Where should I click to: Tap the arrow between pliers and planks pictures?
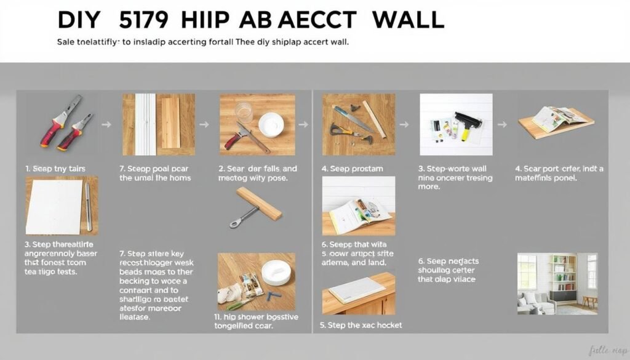[106, 125]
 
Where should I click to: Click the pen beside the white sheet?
[89, 207]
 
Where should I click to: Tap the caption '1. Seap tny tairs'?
[55, 168]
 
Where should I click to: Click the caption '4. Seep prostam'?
[352, 168]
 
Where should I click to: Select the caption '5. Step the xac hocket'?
[362, 324]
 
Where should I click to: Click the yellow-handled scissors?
[345, 130]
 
